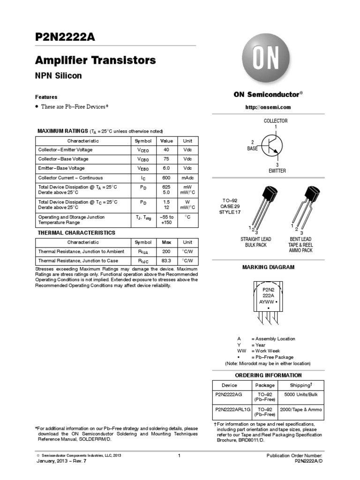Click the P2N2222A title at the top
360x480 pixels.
(65, 38)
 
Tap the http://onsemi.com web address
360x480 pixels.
(268, 107)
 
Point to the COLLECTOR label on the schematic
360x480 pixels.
(276, 121)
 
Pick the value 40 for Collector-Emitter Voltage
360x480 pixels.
(166, 150)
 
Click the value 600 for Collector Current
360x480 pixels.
(166, 178)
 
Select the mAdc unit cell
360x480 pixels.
(187, 178)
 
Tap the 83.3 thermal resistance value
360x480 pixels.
(166, 261)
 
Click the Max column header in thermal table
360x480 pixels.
(166, 242)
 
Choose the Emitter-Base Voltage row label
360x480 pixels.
(61, 168)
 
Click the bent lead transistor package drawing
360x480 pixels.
(305, 206)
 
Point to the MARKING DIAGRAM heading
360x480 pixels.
(268, 267)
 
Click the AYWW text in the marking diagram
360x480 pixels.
(267, 303)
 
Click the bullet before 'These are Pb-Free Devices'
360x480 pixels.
(37, 107)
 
